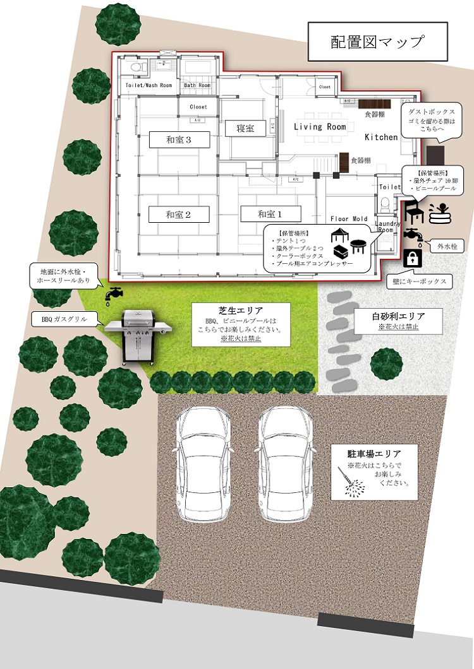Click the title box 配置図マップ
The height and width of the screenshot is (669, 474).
[377, 42]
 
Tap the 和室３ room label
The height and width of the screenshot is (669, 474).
[178, 139]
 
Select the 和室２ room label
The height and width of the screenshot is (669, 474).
[178, 215]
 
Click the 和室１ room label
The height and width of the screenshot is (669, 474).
[270, 215]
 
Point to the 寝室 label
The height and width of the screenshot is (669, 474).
[245, 129]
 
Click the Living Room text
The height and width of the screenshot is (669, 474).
[320, 127]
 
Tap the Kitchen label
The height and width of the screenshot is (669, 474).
[381, 137]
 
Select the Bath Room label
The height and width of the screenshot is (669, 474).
[197, 85]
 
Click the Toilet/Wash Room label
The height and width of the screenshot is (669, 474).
[149, 85]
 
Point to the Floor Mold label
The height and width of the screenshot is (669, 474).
[348, 219]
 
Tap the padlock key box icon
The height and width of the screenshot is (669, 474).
[412, 258]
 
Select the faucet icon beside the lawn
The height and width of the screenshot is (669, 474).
[114, 295]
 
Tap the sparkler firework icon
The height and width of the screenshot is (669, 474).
[351, 483]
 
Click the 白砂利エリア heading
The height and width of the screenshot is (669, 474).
[398, 316]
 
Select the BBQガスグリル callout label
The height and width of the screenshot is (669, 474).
[68, 320]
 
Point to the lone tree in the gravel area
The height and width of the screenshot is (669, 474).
[386, 362]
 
